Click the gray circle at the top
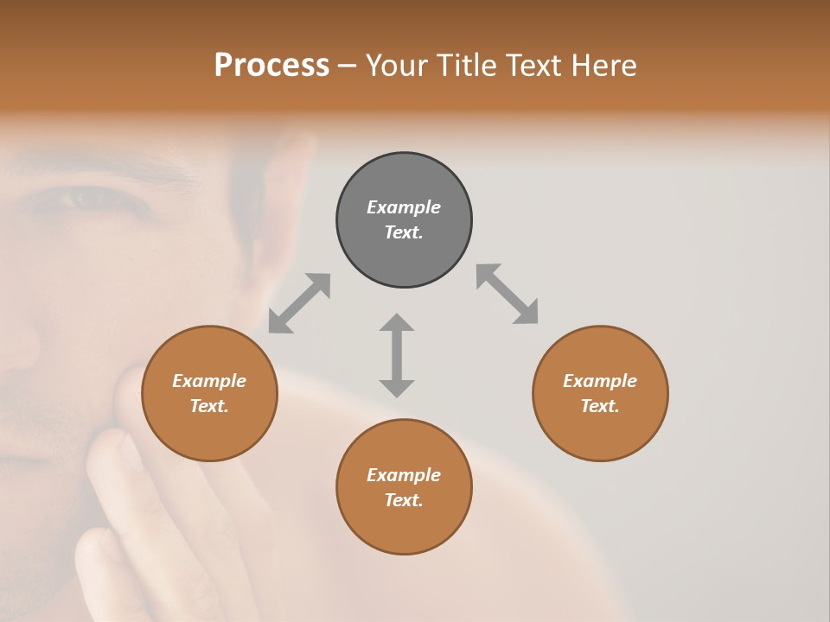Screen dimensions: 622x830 point(404,219)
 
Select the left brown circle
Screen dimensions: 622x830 point(209,393)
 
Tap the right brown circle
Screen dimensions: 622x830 point(600,393)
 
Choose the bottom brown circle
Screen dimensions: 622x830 point(404,487)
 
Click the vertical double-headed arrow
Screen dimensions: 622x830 point(397,355)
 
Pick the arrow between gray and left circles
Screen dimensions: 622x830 point(299,303)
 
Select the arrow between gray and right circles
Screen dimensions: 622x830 point(508,294)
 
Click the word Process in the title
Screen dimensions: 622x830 point(271,65)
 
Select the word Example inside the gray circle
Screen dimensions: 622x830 point(404,207)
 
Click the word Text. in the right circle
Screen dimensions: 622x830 point(600,406)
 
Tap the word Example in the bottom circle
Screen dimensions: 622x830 point(404,475)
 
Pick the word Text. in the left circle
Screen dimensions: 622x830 point(209,406)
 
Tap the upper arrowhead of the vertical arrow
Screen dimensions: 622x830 point(397,323)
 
